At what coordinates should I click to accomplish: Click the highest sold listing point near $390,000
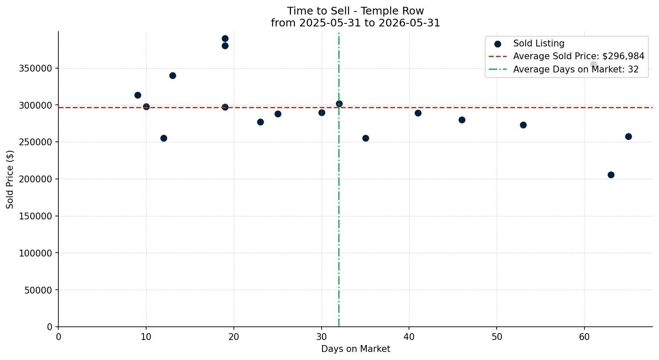coord(225,38)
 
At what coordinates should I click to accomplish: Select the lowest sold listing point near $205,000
coord(611,175)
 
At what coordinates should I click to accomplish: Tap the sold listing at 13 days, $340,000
coord(173,75)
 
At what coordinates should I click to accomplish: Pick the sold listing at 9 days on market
coord(138,95)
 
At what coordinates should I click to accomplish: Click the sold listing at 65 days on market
coord(628,136)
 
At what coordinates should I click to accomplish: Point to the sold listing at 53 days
coord(523,125)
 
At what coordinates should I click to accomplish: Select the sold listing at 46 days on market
coord(462,120)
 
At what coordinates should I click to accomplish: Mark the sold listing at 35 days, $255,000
coord(365,138)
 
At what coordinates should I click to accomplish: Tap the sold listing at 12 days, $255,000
coord(164,138)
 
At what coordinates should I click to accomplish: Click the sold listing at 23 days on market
coord(260,122)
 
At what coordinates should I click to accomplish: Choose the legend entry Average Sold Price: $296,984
coord(567,56)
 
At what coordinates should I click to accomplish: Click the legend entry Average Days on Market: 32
coord(564,69)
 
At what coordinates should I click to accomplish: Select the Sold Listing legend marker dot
coord(498,44)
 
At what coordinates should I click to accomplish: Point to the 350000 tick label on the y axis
coord(36,69)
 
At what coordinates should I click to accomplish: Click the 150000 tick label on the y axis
coord(36,216)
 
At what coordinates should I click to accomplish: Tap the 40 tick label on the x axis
coord(409,337)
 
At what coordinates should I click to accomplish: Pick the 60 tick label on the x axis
coord(584,337)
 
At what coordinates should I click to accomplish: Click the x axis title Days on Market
coord(356,349)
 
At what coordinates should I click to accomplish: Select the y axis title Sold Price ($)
coord(10,179)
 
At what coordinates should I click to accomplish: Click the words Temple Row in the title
coord(392,11)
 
